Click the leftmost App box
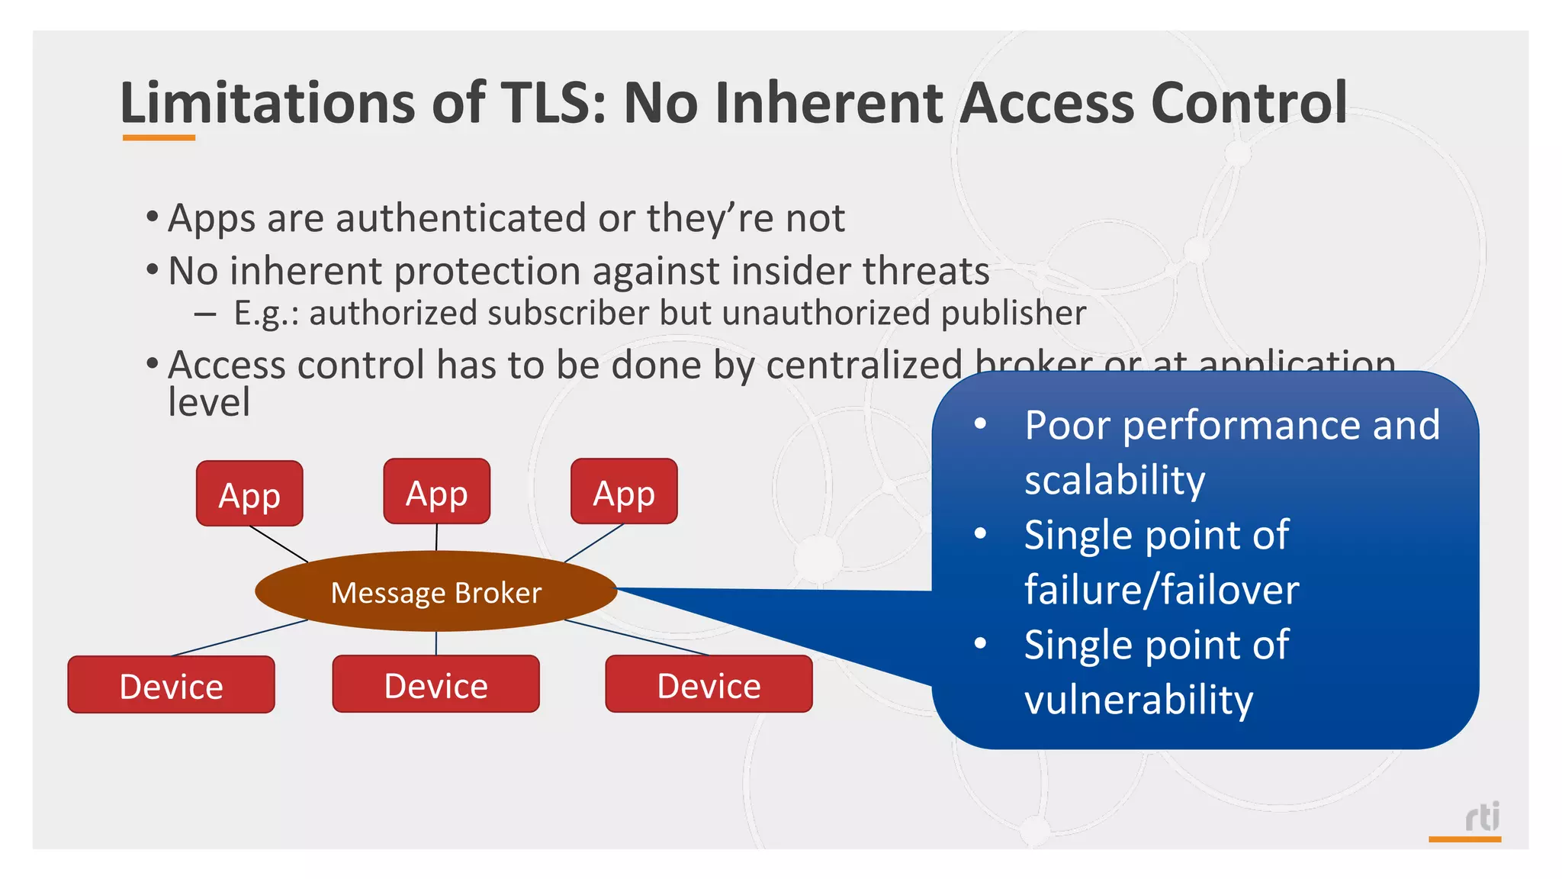pos(249,494)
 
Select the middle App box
pos(436,491)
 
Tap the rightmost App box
pos(624,491)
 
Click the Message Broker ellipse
pos(435,592)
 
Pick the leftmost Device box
pos(171,685)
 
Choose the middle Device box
pos(435,684)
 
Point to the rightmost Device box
pos(709,684)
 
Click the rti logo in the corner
pos(1482,816)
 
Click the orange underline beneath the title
pos(159,138)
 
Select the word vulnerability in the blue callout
pos(1138,700)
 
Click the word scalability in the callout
pos(1114,480)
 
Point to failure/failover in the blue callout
pos(1161,590)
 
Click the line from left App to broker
pos(278,544)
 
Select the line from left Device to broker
pos(238,638)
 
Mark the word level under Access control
pos(208,402)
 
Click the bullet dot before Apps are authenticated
pos(153,217)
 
